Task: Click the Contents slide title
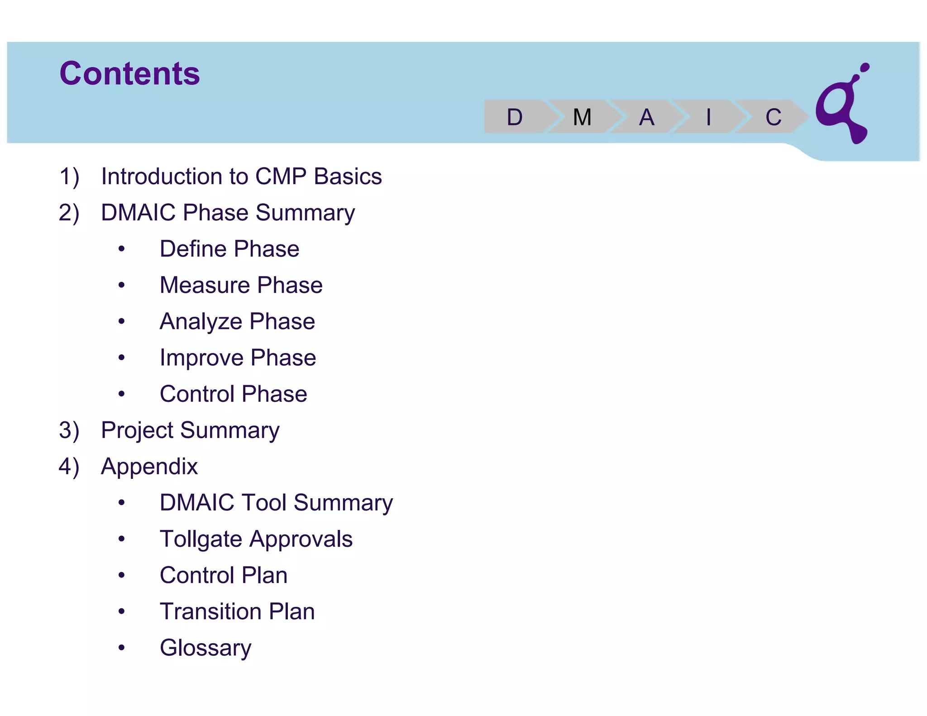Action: (129, 73)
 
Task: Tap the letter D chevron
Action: (515, 117)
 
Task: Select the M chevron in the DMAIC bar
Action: (582, 117)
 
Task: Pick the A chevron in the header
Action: (646, 117)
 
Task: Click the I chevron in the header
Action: (708, 117)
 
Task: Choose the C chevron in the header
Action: (773, 117)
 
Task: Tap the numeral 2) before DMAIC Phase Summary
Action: (69, 213)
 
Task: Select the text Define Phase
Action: (229, 249)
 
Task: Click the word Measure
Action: (205, 285)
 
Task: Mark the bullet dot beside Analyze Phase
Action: (121, 321)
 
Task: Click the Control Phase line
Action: (233, 394)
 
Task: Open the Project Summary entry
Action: (190, 430)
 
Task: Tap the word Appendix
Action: (149, 467)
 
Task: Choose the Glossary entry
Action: (205, 648)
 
